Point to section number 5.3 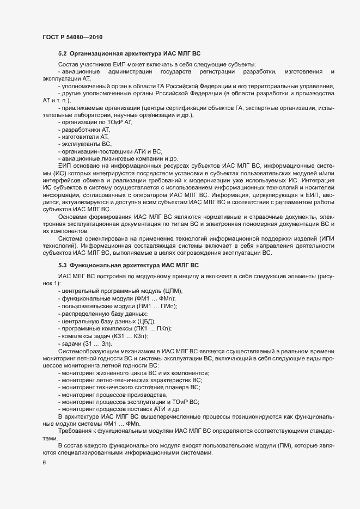63,265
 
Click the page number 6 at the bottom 44,463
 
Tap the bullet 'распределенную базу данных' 98,314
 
